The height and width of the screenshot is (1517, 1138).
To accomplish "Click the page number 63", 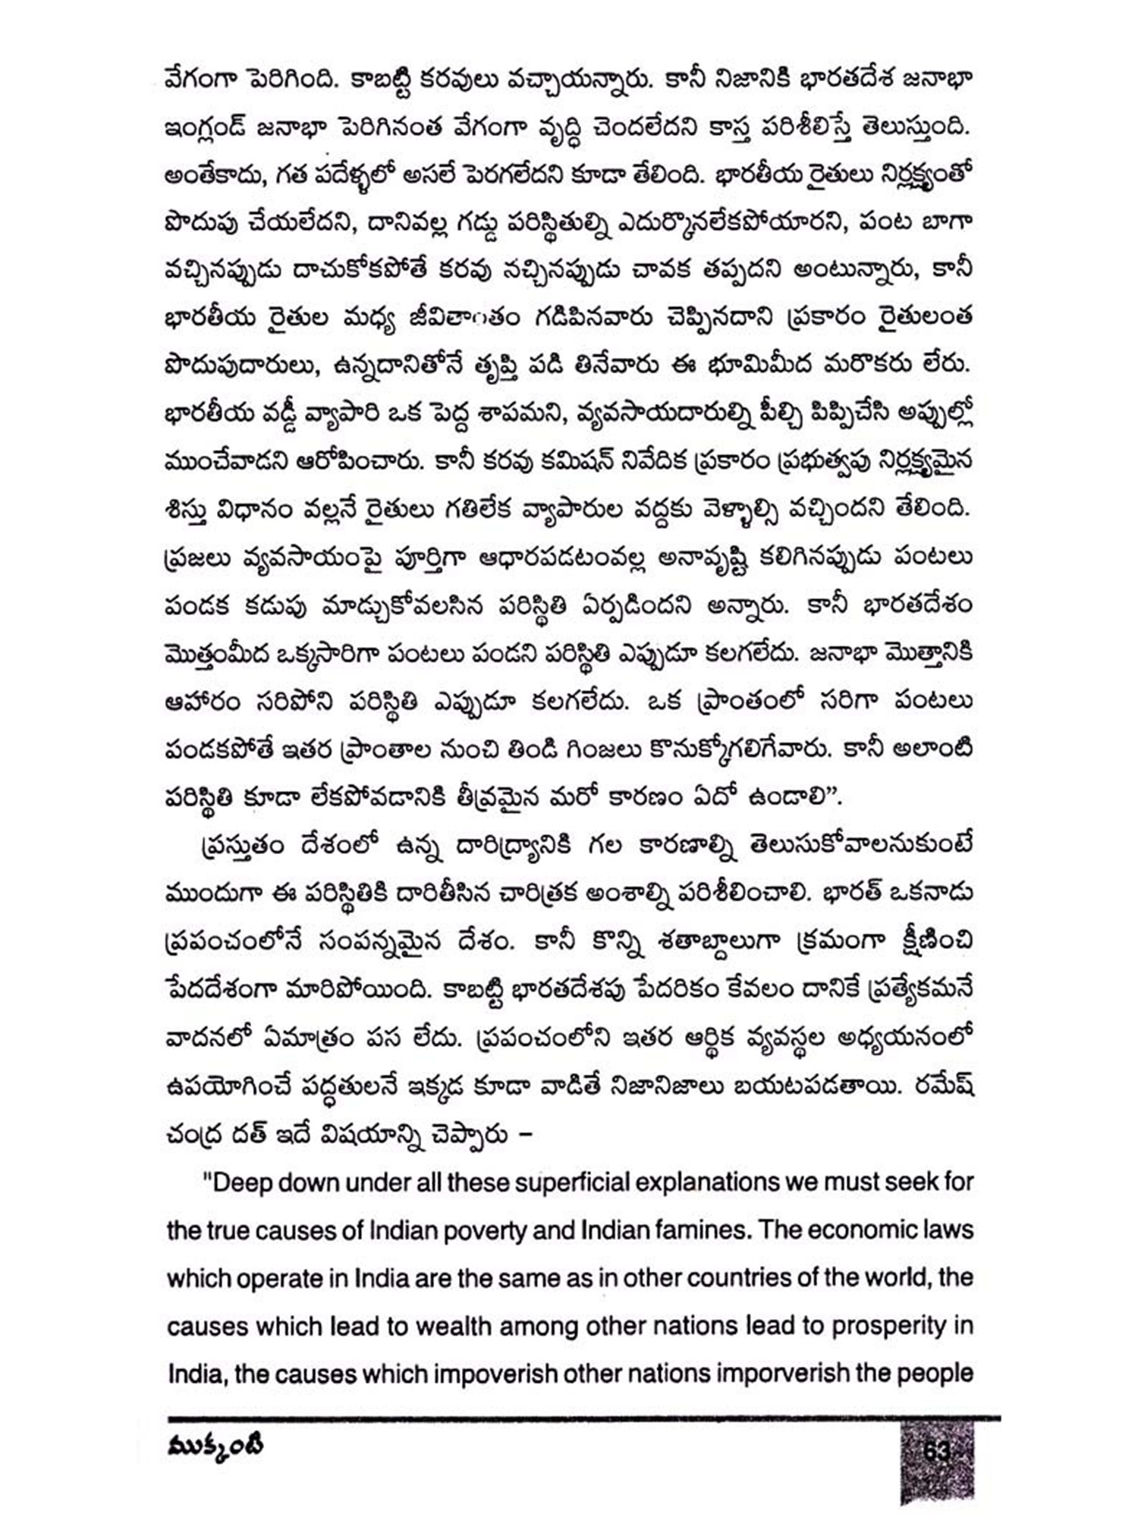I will [x=937, y=1450].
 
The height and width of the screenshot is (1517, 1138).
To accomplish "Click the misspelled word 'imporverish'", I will [x=782, y=1374].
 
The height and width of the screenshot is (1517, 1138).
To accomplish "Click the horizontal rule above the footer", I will [x=584, y=1418].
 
